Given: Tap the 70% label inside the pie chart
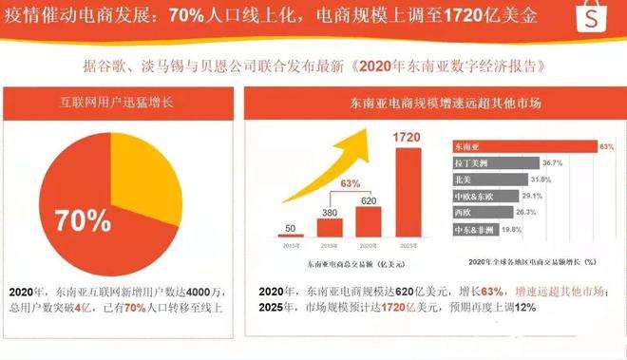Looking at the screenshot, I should pos(84,220).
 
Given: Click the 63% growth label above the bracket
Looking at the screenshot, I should pos(351,183).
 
